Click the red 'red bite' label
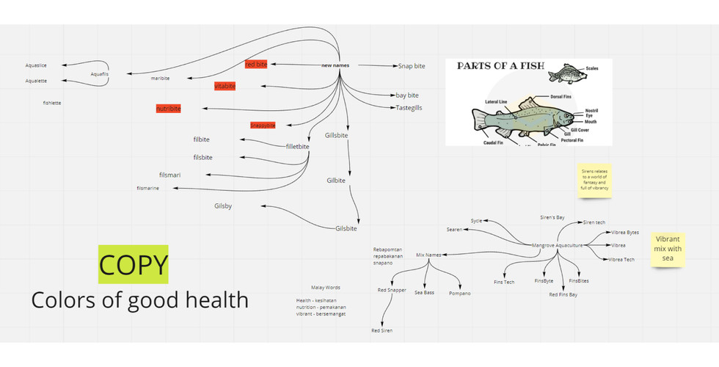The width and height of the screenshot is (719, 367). (256, 65)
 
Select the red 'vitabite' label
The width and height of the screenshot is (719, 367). (225, 86)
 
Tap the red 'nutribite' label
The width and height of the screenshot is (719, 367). (168, 109)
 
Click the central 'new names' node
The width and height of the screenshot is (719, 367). (335, 65)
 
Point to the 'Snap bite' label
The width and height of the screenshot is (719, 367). (411, 66)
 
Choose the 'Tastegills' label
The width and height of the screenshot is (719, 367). (409, 108)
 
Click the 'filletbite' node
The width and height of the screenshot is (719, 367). (297, 147)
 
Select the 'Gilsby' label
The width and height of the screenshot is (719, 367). (223, 206)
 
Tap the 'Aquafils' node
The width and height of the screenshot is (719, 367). (99, 74)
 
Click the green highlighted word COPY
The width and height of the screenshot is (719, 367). (134, 264)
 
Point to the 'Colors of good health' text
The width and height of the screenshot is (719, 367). (139, 299)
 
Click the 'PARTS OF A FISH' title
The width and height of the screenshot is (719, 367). (500, 65)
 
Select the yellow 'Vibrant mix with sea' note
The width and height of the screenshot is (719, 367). (668, 248)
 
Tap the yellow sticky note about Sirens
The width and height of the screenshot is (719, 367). (595, 179)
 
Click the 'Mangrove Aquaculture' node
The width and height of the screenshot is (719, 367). (557, 245)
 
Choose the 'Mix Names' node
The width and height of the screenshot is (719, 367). (428, 255)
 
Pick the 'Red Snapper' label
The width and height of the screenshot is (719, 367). (392, 291)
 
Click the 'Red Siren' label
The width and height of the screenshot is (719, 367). (382, 331)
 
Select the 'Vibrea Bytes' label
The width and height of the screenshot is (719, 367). (624, 233)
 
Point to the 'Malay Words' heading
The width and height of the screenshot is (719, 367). (326, 287)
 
